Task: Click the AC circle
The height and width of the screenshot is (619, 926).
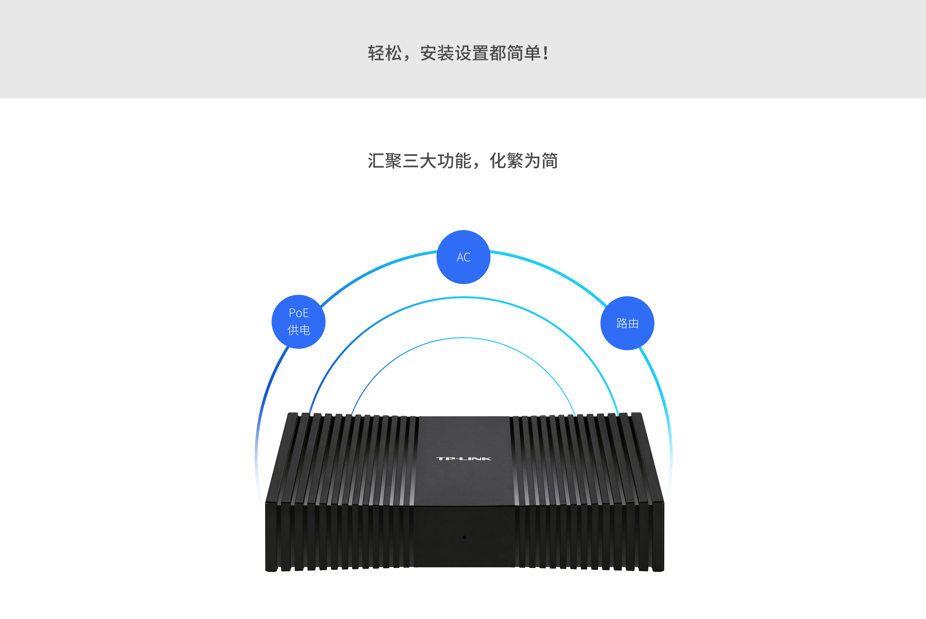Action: point(463,257)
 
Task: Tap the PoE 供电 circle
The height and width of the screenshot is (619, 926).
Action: point(298,322)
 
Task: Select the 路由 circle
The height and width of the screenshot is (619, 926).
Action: point(627,323)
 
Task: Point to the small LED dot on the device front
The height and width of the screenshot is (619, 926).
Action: point(464,537)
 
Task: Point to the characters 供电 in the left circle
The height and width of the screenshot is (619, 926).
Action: point(299,330)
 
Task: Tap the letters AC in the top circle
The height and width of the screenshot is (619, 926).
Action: point(463,257)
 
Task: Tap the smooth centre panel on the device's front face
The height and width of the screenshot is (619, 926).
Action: point(464,537)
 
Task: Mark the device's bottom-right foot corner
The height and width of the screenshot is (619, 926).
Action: point(663,571)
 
